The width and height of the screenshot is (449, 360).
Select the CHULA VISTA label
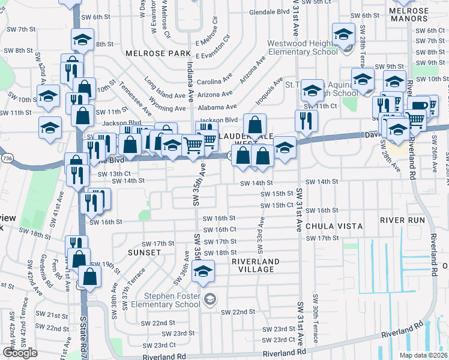[334, 226]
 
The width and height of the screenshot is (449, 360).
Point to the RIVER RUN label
[402, 220]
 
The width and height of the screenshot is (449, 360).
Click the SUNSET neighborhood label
[144, 253]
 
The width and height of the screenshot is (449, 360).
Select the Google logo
[20, 353]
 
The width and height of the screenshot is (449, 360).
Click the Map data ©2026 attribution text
[423, 355]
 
